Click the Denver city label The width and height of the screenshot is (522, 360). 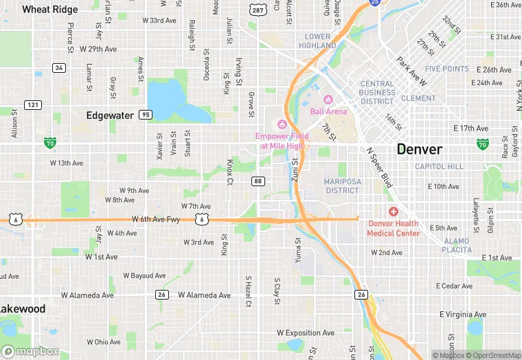[x=419, y=149]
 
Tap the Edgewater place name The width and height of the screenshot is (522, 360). [x=110, y=115]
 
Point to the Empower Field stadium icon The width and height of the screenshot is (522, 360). [x=281, y=124]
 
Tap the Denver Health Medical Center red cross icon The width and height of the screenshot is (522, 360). [x=393, y=212]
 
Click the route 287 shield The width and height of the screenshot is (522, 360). [x=258, y=10]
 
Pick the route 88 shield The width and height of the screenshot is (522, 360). [x=258, y=181]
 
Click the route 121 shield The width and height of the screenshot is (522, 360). [x=32, y=104]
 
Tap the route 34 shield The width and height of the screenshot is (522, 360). [x=59, y=67]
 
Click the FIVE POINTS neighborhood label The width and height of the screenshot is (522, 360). [x=447, y=69]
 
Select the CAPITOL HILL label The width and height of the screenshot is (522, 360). [x=439, y=166]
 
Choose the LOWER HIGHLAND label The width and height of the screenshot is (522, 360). [x=317, y=41]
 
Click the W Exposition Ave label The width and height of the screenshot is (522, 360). [x=309, y=333]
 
